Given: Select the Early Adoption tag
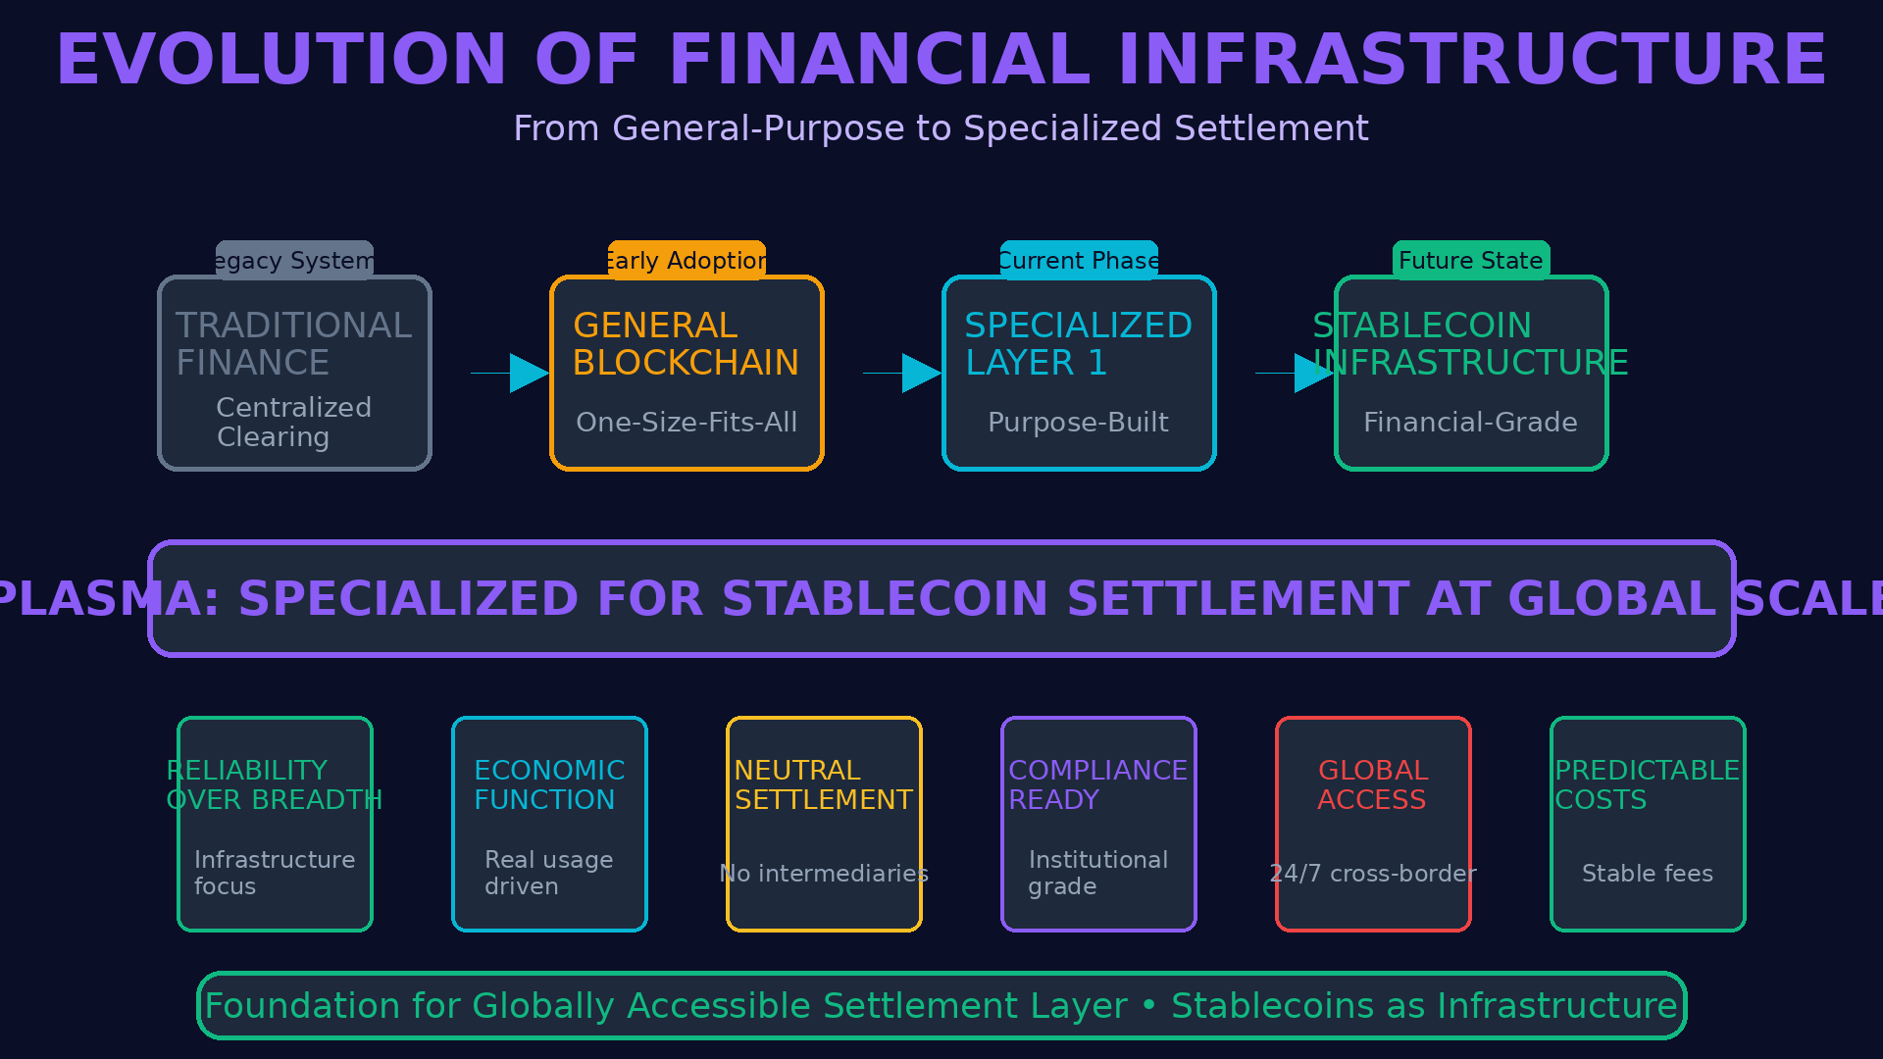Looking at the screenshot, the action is point(687,261).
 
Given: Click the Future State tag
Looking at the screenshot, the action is point(1471,261).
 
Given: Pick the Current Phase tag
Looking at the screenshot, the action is point(1079,261).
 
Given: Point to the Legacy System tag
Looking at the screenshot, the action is point(294,261).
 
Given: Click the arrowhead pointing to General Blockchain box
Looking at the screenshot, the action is point(528,374).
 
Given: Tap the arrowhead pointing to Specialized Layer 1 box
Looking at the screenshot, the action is point(920,374).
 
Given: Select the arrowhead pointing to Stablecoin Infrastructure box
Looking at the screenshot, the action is point(1312,374).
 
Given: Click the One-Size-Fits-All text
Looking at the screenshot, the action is point(687,423).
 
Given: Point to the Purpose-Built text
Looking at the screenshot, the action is point(1078,423).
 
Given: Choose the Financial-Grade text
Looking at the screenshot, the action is point(1470,423).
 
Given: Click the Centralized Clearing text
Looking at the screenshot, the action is point(293,423).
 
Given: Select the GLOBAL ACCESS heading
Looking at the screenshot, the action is point(1372,785).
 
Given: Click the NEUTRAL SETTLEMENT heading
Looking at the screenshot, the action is point(823,785).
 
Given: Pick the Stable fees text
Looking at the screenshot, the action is point(1648,874).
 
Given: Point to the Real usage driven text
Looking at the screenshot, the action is point(548,873).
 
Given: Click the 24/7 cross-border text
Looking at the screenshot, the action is point(1373,874).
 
